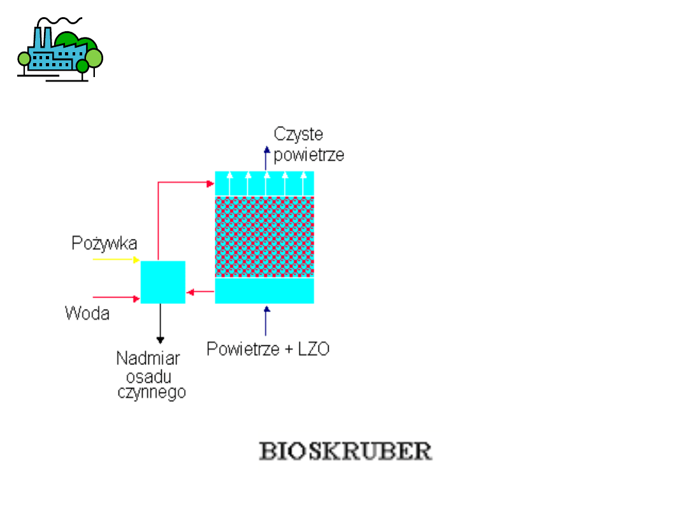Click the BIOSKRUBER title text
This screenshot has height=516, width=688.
[x=345, y=451]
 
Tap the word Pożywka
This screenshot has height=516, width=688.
[x=104, y=243]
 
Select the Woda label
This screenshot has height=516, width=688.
[x=87, y=313]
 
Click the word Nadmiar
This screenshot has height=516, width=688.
[x=148, y=358]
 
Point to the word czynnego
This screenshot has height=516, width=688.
[x=152, y=392]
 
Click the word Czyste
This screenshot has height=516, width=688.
[x=298, y=134]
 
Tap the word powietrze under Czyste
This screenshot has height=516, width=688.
[x=309, y=155]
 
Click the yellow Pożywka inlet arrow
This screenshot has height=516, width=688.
[x=116, y=260]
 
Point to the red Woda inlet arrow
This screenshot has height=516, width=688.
[x=116, y=297]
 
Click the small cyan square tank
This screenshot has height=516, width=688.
[x=162, y=282]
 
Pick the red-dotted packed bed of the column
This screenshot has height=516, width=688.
[x=264, y=236]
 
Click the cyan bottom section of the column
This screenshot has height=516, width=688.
[x=264, y=290]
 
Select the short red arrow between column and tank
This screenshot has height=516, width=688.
[x=200, y=292]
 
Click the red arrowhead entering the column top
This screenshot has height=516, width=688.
[x=211, y=183]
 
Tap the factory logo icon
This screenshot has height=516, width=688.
[x=59, y=51]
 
